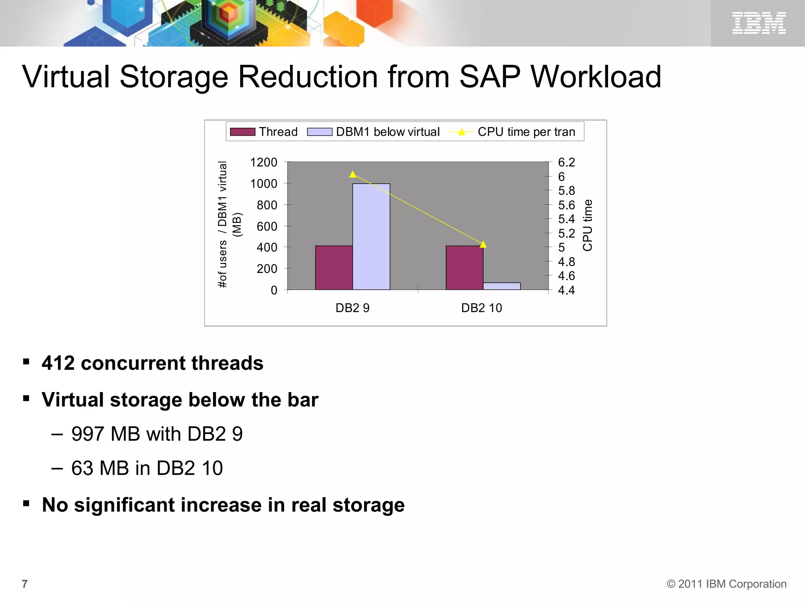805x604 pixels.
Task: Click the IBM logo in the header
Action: click(x=759, y=23)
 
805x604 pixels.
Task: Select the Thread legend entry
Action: click(x=264, y=132)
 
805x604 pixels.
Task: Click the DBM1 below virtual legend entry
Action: click(x=373, y=132)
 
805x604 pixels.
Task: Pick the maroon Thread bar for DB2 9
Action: click(x=334, y=268)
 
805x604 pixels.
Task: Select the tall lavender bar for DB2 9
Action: click(x=371, y=237)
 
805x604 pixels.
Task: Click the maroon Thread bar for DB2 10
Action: click(x=464, y=268)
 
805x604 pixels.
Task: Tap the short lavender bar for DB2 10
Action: click(x=502, y=286)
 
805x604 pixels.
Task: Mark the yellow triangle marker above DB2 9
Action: click(x=353, y=174)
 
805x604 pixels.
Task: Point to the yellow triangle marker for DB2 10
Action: click(x=483, y=245)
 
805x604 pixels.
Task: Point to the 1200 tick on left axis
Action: click(x=264, y=162)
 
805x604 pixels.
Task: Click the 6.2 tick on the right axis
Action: click(x=566, y=162)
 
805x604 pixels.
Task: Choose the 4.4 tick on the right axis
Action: click(x=566, y=290)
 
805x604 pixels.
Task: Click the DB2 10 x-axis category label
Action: click(x=482, y=308)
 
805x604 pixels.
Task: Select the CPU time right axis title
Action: click(x=587, y=225)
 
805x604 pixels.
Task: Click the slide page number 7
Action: click(x=25, y=584)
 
